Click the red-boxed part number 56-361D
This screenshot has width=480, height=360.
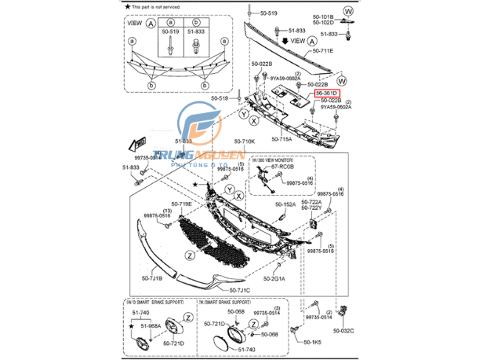[327, 94]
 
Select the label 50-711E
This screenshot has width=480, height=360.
[323, 51]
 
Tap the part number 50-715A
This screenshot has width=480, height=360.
[281, 138]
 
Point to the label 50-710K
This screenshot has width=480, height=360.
[244, 141]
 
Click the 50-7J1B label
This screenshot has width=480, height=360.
[152, 278]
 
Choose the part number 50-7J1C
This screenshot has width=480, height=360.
[241, 290]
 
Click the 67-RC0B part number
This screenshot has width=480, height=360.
[281, 167]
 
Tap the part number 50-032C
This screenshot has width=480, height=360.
[343, 330]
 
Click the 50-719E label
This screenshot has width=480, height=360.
[182, 204]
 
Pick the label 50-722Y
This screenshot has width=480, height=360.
[311, 208]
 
